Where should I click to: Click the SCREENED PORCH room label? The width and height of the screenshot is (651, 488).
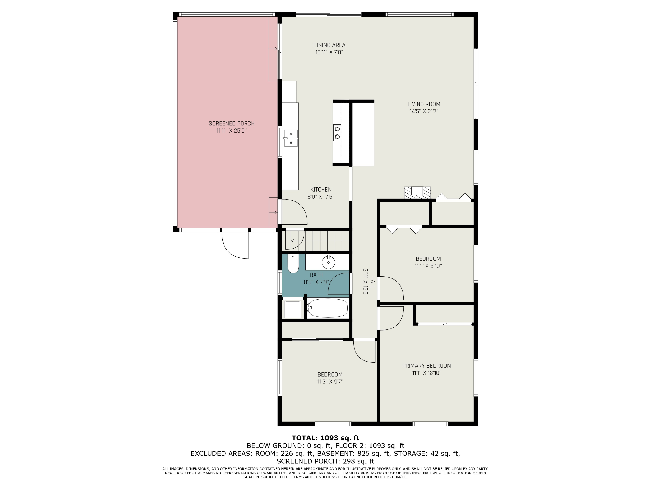click(x=231, y=124)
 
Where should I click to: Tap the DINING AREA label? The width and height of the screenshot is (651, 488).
click(x=329, y=45)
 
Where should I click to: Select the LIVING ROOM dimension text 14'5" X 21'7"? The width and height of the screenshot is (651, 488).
click(x=424, y=111)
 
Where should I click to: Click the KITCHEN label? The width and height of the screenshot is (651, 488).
click(x=321, y=189)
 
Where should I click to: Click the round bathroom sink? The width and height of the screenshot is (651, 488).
click(x=328, y=262)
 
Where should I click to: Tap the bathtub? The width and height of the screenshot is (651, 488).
click(x=327, y=308)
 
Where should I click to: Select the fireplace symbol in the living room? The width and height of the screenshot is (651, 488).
click(x=417, y=193)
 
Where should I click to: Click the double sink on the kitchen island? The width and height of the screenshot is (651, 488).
click(x=337, y=133)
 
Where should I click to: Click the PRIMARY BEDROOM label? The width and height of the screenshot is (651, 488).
click(x=427, y=366)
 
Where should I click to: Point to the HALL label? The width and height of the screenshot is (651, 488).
click(x=373, y=282)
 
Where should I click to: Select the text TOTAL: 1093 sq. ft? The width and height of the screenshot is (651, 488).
click(x=325, y=438)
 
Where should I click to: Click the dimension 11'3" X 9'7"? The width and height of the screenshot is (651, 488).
click(x=330, y=382)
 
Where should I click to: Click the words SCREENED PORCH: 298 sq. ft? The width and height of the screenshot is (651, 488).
click(x=325, y=461)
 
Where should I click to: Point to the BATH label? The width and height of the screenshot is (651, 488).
click(x=316, y=275)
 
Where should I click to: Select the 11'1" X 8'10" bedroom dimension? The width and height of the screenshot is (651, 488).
click(x=428, y=266)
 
